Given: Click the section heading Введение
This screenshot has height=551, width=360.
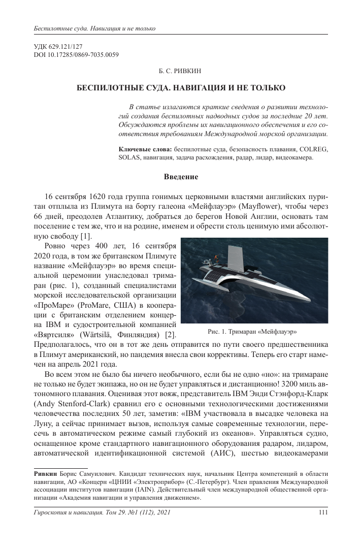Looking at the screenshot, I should pyautogui.click(x=180, y=177).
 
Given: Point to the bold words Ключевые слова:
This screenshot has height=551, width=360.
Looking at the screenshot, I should pyautogui.click(x=145, y=149).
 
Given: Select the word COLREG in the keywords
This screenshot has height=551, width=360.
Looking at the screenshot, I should pyautogui.click(x=313, y=149).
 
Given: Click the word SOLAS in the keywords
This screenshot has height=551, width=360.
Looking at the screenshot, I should pyautogui.click(x=128, y=157).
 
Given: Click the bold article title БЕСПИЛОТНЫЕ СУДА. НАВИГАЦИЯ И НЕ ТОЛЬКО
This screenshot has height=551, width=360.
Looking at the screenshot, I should pyautogui.click(x=181, y=88).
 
